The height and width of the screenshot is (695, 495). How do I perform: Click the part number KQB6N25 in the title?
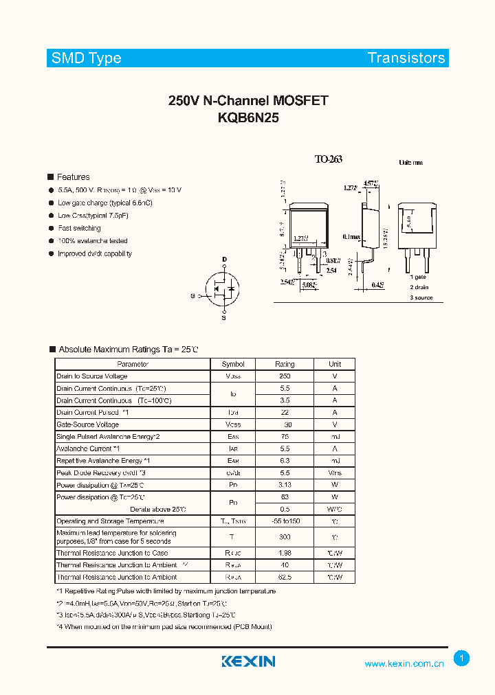click(248, 117)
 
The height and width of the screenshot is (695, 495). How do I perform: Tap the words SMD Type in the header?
click(87, 58)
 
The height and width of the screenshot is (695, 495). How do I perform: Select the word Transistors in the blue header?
click(406, 58)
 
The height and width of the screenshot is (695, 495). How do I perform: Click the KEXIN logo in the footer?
click(248, 661)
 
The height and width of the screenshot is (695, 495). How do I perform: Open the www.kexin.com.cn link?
click(404, 663)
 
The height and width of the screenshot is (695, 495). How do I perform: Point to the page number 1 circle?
click(462, 659)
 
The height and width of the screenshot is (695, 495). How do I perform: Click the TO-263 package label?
click(328, 159)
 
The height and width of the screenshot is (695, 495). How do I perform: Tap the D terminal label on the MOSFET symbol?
click(224, 260)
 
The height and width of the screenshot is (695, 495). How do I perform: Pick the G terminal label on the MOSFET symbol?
click(193, 296)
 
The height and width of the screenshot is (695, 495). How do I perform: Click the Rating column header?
click(285, 364)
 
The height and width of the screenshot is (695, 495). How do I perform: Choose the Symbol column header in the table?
click(233, 364)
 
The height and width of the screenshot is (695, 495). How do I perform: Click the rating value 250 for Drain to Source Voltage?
click(285, 376)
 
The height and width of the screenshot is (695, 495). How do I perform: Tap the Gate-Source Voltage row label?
click(87, 424)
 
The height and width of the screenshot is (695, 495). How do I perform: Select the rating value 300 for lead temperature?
click(285, 537)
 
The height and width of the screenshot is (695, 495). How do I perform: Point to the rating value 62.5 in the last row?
click(285, 577)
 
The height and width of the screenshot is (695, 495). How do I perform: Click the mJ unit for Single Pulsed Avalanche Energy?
click(335, 437)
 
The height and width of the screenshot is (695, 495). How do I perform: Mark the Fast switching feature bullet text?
click(79, 228)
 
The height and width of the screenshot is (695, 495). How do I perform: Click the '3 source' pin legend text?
click(422, 297)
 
